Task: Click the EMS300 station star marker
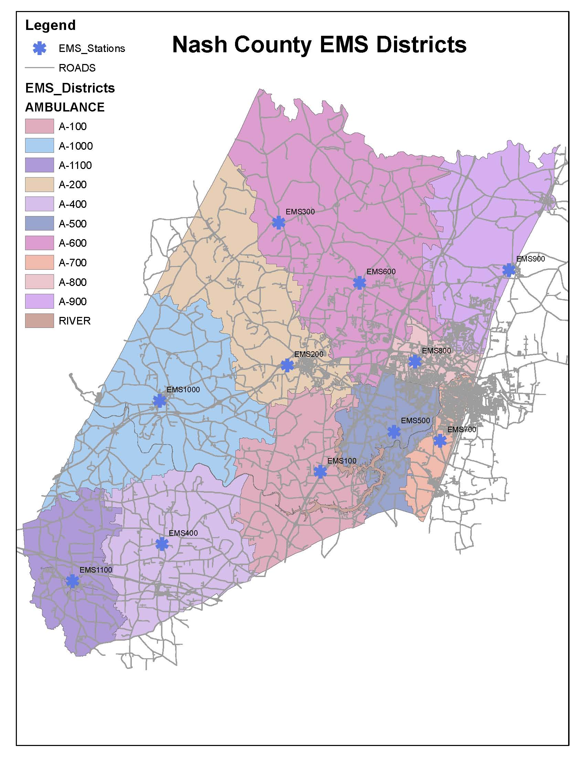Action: (x=279, y=223)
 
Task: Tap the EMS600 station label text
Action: (x=381, y=272)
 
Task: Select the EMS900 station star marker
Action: (x=509, y=270)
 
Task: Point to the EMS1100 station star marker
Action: (x=72, y=581)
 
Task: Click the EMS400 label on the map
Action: (x=183, y=533)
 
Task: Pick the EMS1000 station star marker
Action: (x=159, y=401)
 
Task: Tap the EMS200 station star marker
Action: (x=287, y=365)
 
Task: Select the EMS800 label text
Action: (x=436, y=350)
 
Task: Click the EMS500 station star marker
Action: (x=394, y=431)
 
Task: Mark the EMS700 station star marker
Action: (x=440, y=440)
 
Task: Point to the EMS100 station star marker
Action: (x=320, y=472)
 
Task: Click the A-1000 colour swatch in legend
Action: (x=39, y=146)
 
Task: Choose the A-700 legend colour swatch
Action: (x=39, y=263)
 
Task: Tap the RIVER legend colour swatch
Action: (x=39, y=321)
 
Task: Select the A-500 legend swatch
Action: (x=39, y=224)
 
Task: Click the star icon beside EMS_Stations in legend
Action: (x=40, y=48)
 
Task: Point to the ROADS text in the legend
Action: (x=77, y=68)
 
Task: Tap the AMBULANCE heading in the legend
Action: (x=65, y=107)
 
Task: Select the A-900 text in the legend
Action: (x=72, y=301)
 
